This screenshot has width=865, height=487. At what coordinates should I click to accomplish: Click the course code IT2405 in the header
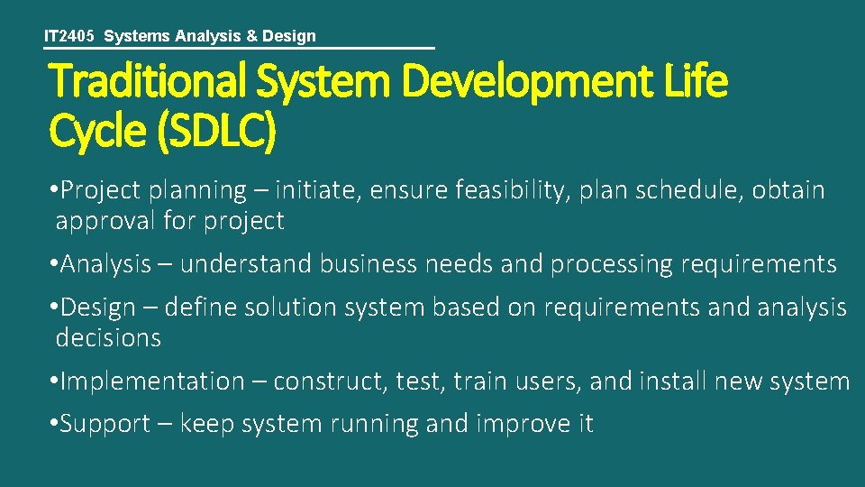(x=70, y=37)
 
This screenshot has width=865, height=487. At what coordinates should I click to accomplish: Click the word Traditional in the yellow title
(x=148, y=83)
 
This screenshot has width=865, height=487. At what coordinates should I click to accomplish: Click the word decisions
(x=108, y=338)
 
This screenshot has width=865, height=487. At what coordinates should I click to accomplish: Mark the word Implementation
(x=151, y=381)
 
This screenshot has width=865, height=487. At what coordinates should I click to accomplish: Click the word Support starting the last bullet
(x=105, y=424)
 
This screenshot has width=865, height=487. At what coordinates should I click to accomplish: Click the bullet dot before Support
(x=54, y=424)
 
